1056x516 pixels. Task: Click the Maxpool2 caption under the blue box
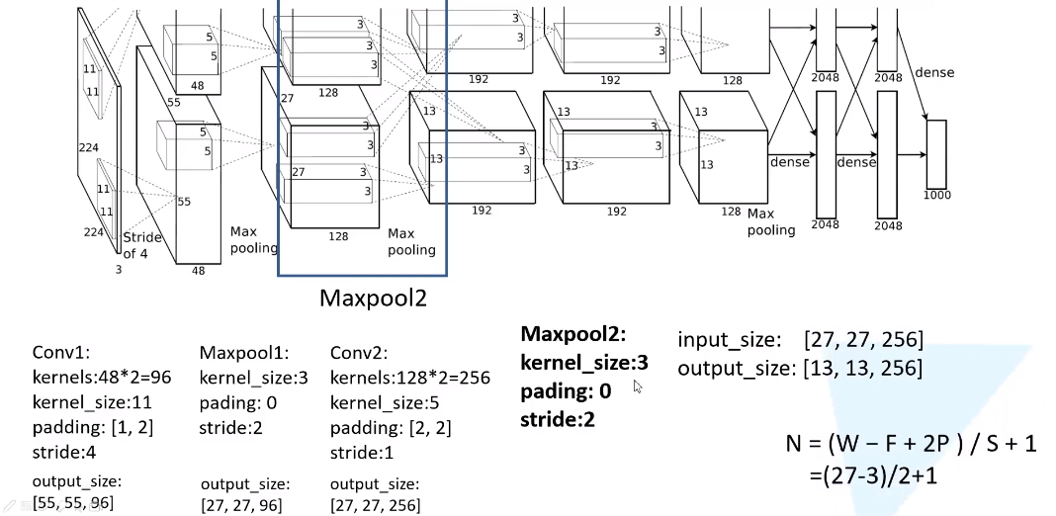pos(373,298)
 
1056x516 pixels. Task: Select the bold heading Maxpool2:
pos(573,335)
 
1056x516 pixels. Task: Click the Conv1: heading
pos(61,353)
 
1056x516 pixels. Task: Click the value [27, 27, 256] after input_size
pos(864,341)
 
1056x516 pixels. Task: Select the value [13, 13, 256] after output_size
pos(864,369)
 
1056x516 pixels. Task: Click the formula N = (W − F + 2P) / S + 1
pos(911,444)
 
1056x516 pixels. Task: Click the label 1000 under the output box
pos(936,195)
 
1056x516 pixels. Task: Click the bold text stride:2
pos(559,418)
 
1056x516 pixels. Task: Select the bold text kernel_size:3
pos(584,363)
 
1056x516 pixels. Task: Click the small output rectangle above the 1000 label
pos(936,153)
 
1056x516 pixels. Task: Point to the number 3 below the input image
pos(120,268)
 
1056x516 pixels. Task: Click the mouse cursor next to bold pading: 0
pos(640,387)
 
